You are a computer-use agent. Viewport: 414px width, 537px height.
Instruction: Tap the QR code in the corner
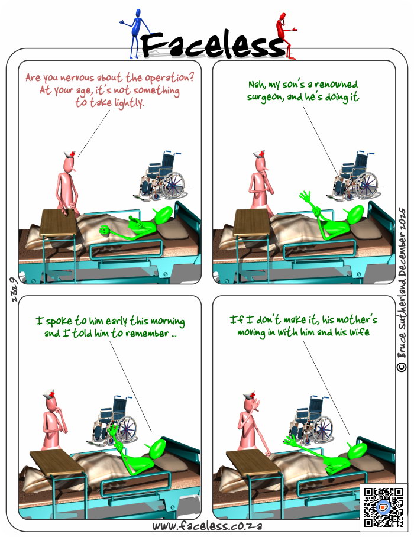click(383, 507)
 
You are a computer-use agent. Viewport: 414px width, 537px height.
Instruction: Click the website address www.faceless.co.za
click(207, 526)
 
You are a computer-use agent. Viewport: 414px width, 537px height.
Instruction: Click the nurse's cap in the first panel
click(70, 154)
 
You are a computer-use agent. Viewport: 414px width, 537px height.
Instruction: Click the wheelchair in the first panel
click(160, 176)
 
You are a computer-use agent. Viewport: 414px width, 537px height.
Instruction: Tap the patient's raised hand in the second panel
click(305, 198)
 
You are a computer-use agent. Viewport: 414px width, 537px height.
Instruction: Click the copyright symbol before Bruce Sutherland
click(402, 367)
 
